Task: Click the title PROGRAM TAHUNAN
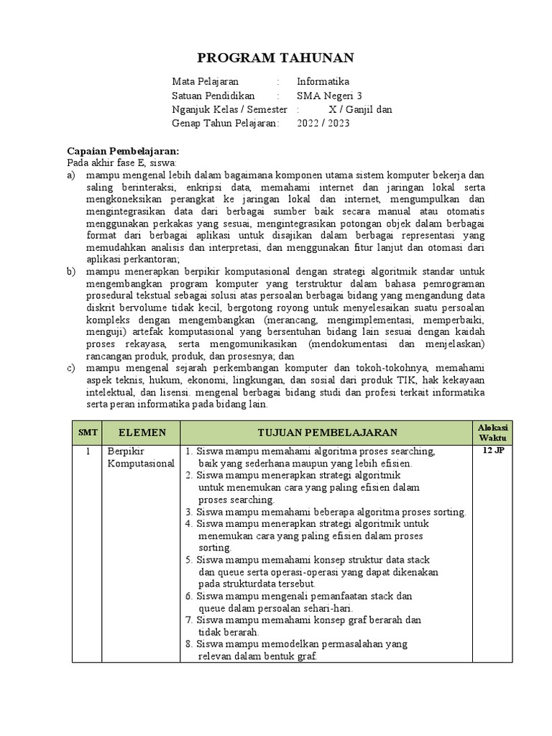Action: coord(277,57)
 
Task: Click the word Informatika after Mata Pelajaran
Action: coord(323,81)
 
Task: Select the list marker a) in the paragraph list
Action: coord(71,175)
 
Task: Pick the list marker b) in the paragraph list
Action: coord(71,271)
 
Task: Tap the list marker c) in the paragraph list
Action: coord(71,369)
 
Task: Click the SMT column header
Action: coord(87,432)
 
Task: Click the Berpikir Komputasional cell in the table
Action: coord(140,457)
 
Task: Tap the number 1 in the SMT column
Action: coord(87,451)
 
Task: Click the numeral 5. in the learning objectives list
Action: coord(189,559)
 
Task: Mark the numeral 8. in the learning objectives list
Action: coord(189,645)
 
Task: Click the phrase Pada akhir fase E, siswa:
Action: coord(116,163)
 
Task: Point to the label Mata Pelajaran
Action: coord(205,81)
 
